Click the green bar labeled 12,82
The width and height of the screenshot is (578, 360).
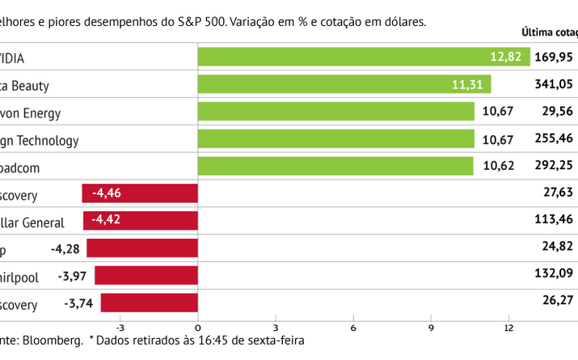tap(364, 57)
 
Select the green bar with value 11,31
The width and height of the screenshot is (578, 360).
tap(344, 84)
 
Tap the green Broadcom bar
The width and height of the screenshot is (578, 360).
tap(335, 166)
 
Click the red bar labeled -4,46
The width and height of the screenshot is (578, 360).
tap(140, 193)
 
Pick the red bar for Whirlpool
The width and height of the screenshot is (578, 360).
tap(146, 276)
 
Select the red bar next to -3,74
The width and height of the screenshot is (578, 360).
tap(149, 303)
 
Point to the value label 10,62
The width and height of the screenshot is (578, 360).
tap(497, 167)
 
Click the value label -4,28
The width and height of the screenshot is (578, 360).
tap(66, 248)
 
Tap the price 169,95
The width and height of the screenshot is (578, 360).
tap(554, 57)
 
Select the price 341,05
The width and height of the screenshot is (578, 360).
tap(554, 84)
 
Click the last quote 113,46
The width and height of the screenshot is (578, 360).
tap(554, 221)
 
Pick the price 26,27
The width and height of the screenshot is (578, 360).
tap(557, 299)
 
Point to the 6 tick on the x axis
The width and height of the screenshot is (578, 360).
tap(353, 328)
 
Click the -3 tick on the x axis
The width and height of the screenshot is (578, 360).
tap(120, 328)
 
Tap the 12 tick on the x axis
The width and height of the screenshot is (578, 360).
tap(508, 328)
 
